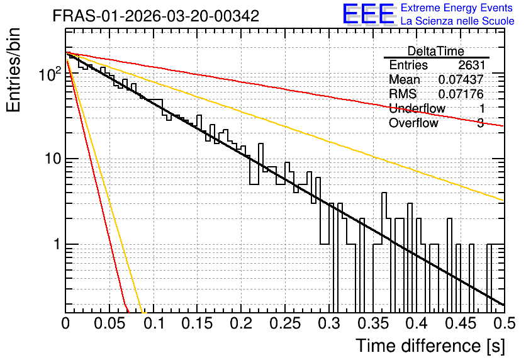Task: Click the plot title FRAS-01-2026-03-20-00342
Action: click(156, 16)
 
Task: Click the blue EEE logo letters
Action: click(368, 14)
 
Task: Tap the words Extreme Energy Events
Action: click(457, 8)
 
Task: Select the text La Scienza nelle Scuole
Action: click(457, 21)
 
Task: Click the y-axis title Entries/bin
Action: click(13, 70)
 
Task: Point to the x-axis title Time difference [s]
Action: click(430, 346)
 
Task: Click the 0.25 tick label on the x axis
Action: click(285, 323)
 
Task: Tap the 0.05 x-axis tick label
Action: click(109, 323)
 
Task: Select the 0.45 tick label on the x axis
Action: click(461, 323)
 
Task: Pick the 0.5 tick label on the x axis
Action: click(505, 323)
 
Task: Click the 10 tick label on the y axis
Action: click(53, 159)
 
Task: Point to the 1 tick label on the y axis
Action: click(57, 244)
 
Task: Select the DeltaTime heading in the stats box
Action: click(436, 52)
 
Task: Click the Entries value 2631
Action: click(472, 65)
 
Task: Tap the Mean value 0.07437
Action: click(461, 79)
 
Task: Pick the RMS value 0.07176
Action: click(461, 94)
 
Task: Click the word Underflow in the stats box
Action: click(417, 109)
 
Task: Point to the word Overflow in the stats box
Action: click(413, 123)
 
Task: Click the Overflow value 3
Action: click(481, 123)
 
